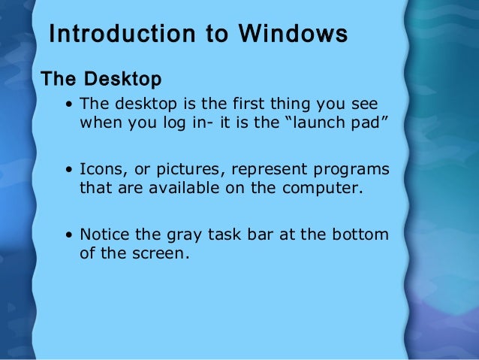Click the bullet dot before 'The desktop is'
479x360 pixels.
(69, 105)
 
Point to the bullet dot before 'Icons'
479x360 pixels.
(69, 170)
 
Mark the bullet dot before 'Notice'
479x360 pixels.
(69, 235)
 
